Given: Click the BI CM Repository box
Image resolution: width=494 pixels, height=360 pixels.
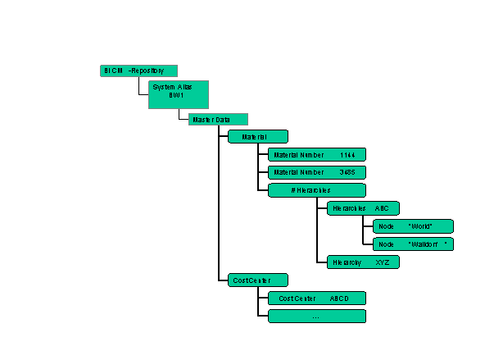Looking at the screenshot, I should click(138, 71).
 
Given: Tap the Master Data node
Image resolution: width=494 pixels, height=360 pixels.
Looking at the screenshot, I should click(218, 120).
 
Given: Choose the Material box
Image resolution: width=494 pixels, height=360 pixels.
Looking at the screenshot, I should click(257, 137).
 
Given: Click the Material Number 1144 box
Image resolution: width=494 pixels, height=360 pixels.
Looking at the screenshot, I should click(316, 154).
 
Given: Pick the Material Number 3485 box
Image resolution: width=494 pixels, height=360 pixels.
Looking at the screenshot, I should click(316, 172).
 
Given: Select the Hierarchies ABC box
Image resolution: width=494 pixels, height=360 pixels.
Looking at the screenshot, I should click(363, 209).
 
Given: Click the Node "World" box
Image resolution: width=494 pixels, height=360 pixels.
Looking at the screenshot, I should click(413, 226).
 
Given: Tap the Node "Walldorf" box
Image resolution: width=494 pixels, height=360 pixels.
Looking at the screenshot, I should click(413, 244).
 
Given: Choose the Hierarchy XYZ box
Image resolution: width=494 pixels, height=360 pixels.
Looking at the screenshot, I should click(363, 262).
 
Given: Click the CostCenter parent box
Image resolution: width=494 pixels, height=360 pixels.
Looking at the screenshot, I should click(257, 280).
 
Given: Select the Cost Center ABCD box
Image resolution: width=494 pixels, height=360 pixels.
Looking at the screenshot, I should click(316, 298).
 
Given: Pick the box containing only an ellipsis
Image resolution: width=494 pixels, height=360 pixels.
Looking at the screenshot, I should click(316, 316).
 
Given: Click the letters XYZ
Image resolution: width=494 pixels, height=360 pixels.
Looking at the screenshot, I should click(383, 262).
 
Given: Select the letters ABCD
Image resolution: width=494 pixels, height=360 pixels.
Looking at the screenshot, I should click(339, 298).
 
